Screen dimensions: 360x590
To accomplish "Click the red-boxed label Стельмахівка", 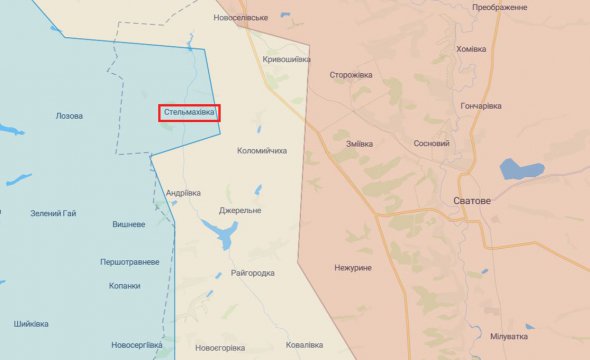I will pos(188,113).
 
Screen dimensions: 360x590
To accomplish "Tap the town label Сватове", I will pos(472,201).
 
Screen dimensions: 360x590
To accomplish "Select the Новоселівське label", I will pos(241,18).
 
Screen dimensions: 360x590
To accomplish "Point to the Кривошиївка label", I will pos(285,60).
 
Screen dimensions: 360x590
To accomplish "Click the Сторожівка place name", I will pos(352,74).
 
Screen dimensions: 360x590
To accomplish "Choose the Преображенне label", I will pos(500,8).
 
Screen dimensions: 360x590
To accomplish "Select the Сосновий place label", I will pos(431,143).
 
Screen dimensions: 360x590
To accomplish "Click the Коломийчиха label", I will pos(262,151).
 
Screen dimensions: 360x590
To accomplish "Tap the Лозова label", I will pos(70,116).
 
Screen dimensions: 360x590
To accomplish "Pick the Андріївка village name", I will pos(183,193).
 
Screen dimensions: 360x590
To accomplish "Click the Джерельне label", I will pos(240,211).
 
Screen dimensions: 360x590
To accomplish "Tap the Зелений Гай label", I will pos(54,213).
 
